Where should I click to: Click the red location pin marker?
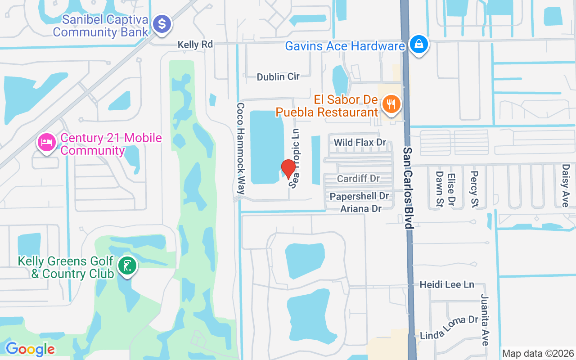point(288,169)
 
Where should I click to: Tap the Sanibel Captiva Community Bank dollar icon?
point(162,23)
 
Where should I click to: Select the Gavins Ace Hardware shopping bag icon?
point(419,45)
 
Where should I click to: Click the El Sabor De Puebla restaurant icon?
point(391,105)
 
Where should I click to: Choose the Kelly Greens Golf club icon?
point(127,266)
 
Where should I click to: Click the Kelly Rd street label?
point(195,45)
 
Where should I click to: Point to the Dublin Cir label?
point(278,77)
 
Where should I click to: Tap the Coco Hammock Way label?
point(241,149)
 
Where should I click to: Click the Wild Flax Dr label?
point(360,143)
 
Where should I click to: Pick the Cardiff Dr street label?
point(359,179)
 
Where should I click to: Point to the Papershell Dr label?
point(359,197)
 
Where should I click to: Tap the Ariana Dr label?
point(361,209)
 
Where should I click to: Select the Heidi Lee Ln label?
point(447,284)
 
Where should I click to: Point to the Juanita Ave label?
point(485,320)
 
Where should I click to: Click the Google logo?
point(30,349)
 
